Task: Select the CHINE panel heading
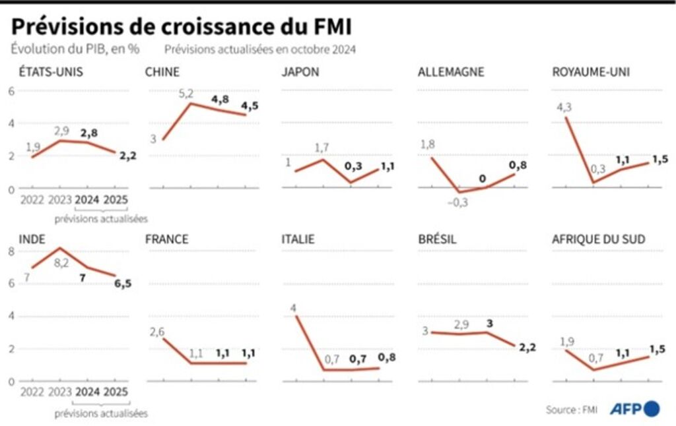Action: [x=162, y=72]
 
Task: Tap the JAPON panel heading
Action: [x=300, y=72]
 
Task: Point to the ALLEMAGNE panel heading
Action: [x=451, y=72]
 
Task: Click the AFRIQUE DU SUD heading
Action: [x=599, y=239]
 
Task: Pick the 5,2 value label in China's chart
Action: [x=187, y=94]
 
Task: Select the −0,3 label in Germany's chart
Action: [x=457, y=202]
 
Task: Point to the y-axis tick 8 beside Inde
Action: [x=11, y=251]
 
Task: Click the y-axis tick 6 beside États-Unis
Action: [x=11, y=90]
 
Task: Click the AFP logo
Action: [x=634, y=409]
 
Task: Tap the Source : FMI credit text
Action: [x=572, y=410]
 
